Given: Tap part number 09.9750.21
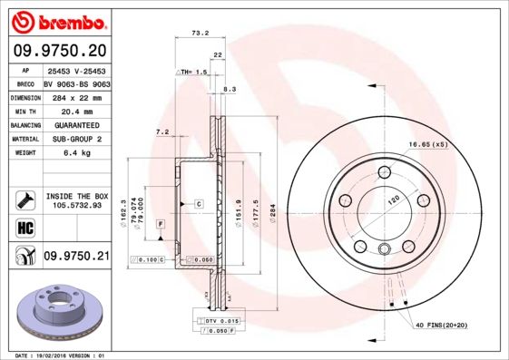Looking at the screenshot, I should (75, 257).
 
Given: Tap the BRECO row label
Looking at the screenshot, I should (25, 83).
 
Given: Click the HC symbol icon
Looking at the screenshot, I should (25, 227).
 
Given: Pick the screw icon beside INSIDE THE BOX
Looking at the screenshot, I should (25, 199).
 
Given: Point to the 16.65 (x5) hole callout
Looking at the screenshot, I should (427, 145).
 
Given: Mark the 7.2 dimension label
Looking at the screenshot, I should (162, 132).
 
